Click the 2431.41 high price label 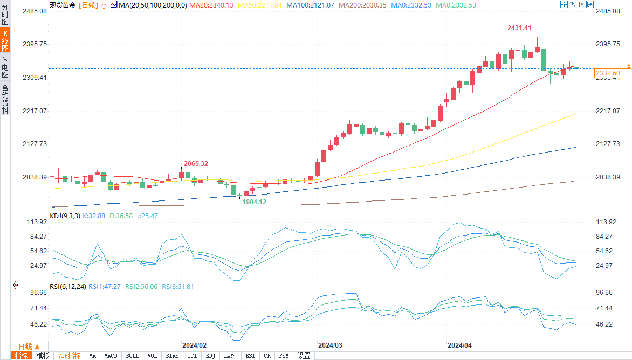(x=519, y=28)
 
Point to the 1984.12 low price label (x=255, y=202)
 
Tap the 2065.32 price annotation (x=196, y=163)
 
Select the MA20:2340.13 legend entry (x=212, y=5)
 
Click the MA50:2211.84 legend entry (x=261, y=5)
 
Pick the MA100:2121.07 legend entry (x=310, y=5)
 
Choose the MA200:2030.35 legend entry (x=363, y=5)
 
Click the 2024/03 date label (x=330, y=345)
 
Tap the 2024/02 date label (x=194, y=345)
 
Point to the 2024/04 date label (x=460, y=345)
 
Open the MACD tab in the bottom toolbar (x=111, y=356)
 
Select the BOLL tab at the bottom (x=132, y=356)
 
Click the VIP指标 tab (x=70, y=356)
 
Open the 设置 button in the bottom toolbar (x=304, y=356)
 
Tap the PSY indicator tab (x=284, y=356)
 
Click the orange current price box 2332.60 (x=607, y=73)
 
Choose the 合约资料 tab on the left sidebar (x=5, y=99)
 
